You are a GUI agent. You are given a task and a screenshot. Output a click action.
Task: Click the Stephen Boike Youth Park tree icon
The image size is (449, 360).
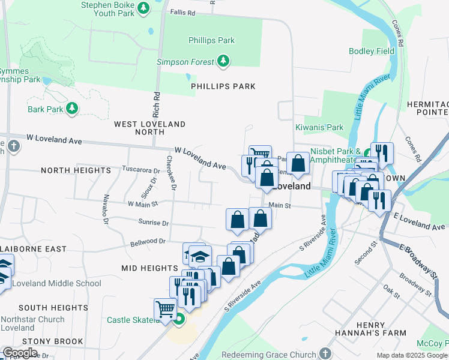pyautogui.click(x=143, y=8)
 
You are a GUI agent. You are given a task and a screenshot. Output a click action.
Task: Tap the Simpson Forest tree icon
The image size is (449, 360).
pyautogui.click(x=223, y=61)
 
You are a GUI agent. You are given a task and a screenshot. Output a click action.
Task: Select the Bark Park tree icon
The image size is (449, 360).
pyautogui.click(x=72, y=109)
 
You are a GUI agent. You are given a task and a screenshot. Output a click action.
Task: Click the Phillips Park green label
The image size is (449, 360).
pyautogui.click(x=211, y=41)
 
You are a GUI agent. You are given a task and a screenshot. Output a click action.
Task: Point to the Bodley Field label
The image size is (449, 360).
pyautogui.click(x=372, y=51)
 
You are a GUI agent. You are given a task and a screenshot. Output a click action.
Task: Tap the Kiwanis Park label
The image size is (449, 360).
pyautogui.click(x=319, y=127)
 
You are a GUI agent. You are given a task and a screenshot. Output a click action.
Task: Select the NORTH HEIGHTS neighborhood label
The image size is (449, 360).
pyautogui.click(x=76, y=170)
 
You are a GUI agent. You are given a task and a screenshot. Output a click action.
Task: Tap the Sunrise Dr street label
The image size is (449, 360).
pyautogui.click(x=153, y=223)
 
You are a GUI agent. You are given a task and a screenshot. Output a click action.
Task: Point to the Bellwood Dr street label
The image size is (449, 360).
pyautogui.click(x=148, y=242)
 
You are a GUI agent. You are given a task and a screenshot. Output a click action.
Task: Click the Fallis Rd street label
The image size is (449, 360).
pyautogui.click(x=183, y=12)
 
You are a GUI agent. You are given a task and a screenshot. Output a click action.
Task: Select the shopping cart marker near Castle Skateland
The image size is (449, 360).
pyautogui.click(x=165, y=310)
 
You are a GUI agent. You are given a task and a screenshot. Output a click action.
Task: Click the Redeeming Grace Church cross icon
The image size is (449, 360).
pyautogui.click(x=325, y=353)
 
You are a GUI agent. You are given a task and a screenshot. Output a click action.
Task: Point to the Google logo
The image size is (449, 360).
pyautogui.click(x=20, y=353)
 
